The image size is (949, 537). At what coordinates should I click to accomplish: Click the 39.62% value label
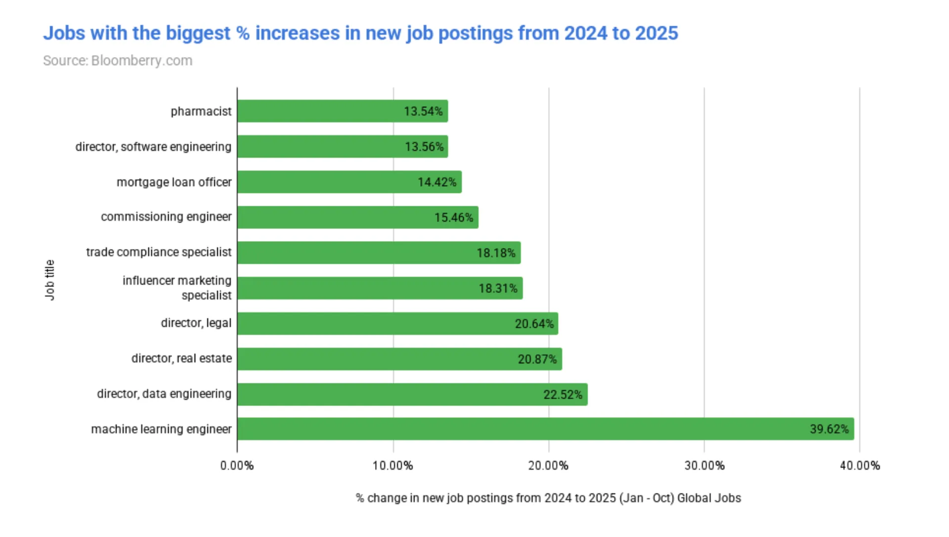click(x=829, y=429)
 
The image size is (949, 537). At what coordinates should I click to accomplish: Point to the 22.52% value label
click(x=562, y=395)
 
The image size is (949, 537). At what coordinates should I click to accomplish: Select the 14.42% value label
click(x=437, y=182)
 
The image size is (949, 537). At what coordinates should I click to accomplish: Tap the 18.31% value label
click(x=498, y=288)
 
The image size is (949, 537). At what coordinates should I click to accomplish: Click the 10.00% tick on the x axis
click(x=393, y=465)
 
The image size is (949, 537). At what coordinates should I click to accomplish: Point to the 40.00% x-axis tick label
click(x=860, y=465)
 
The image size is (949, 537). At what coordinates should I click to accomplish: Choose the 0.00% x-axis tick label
click(x=237, y=465)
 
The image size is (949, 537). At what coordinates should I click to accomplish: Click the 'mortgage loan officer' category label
click(x=174, y=182)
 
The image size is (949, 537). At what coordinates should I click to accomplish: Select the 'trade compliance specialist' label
click(x=159, y=252)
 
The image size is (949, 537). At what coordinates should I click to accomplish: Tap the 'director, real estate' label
click(x=181, y=358)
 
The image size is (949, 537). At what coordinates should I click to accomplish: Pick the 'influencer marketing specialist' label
click(x=177, y=288)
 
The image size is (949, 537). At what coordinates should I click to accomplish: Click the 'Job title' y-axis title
click(x=49, y=280)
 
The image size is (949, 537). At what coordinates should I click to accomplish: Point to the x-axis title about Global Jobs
click(x=548, y=498)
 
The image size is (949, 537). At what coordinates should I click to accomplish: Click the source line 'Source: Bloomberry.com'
click(x=118, y=60)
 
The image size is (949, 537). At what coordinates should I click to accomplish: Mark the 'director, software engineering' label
click(x=153, y=147)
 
